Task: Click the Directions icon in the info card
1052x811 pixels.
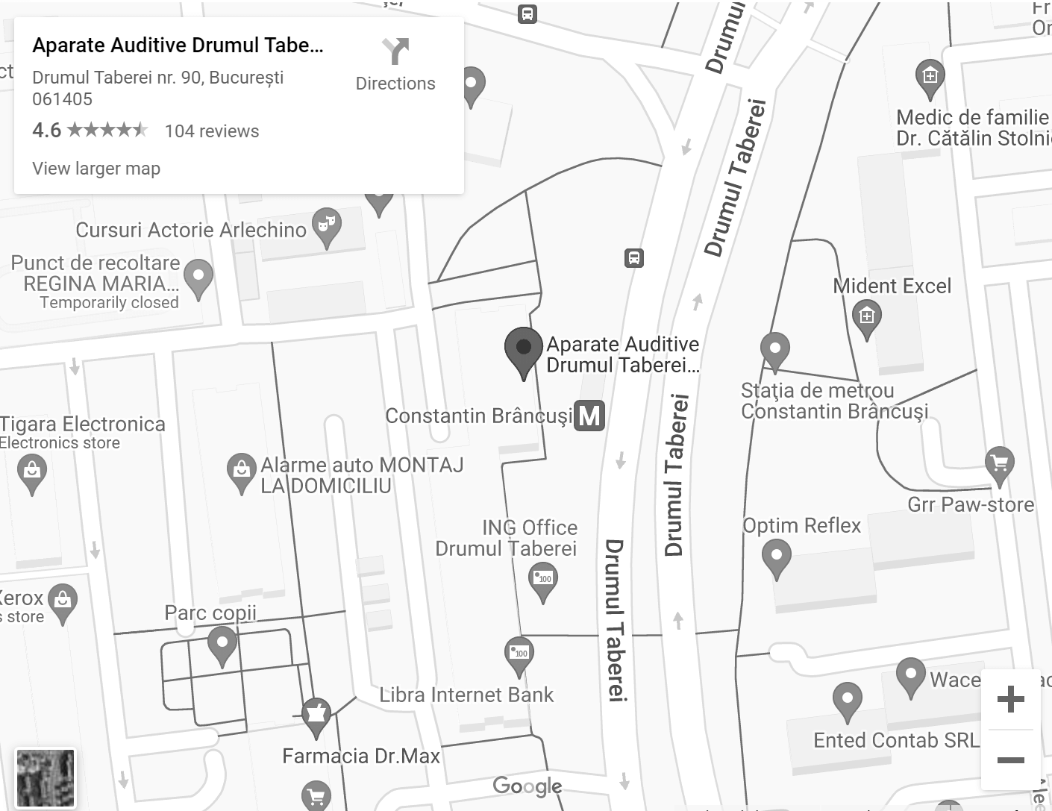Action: pos(395,52)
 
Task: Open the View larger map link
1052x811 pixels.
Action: pos(96,169)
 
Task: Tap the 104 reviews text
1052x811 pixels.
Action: pos(212,131)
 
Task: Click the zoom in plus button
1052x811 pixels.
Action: pos(1010,699)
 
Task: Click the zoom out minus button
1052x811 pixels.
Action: pos(1010,760)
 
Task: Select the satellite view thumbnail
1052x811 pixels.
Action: pos(46,778)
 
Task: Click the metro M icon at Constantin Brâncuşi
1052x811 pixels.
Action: pos(589,416)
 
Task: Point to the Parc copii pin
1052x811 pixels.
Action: pos(222,643)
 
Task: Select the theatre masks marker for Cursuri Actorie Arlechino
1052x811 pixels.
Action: pos(326,225)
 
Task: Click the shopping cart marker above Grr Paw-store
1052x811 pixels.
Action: pos(999,463)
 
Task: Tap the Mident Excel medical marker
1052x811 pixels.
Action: pos(866,317)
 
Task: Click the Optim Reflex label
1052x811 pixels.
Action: pos(801,526)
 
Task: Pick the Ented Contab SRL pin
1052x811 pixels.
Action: pos(847,700)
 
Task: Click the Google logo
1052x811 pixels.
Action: pos(527,786)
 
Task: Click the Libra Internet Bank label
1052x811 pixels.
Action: pos(466,695)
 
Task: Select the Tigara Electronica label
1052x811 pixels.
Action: pos(82,425)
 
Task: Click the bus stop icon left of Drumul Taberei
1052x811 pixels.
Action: pos(633,258)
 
